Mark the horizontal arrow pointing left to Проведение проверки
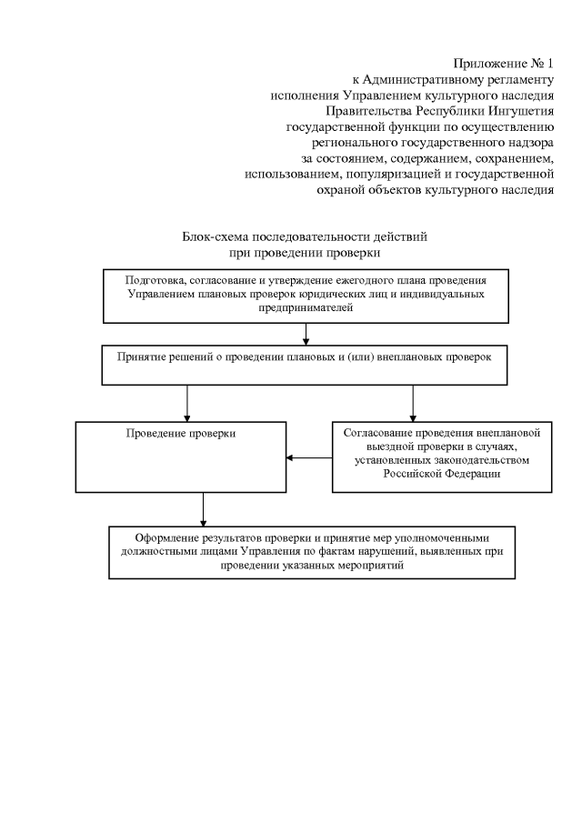point(309,457)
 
